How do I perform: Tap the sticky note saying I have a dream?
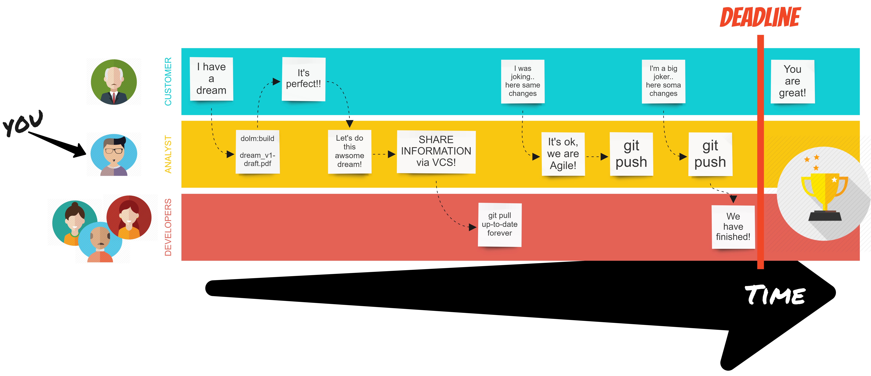tap(211, 79)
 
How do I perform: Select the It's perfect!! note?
tap(304, 79)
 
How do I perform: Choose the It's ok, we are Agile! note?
tap(563, 154)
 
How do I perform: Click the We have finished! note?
tap(733, 227)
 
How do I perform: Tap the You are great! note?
tap(793, 81)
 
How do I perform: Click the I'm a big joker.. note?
tap(663, 81)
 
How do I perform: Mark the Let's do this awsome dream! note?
tap(350, 151)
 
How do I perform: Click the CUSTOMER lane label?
tap(168, 82)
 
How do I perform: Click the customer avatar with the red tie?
tap(114, 82)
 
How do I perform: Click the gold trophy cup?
tap(824, 196)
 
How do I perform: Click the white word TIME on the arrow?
tap(775, 295)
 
